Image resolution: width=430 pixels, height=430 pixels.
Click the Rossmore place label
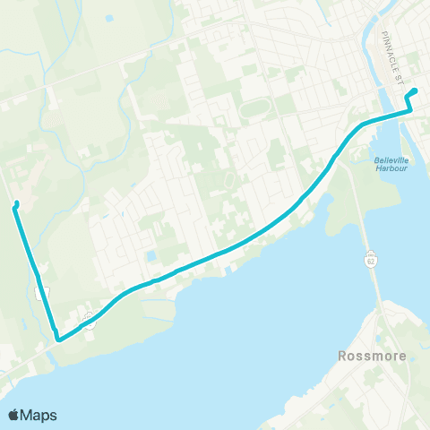click(x=373, y=356)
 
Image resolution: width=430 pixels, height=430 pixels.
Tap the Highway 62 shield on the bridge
click(x=370, y=259)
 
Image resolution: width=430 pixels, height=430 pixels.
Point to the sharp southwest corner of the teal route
click(x=56, y=340)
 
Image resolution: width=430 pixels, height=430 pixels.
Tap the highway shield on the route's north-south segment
click(x=39, y=292)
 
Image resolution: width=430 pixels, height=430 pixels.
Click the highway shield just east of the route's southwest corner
click(x=89, y=319)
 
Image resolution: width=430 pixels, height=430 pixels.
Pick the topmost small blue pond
click(x=109, y=18)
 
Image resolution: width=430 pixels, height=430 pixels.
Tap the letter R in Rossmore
click(x=344, y=356)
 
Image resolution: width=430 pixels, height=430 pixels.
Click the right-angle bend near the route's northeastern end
click(x=409, y=110)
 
